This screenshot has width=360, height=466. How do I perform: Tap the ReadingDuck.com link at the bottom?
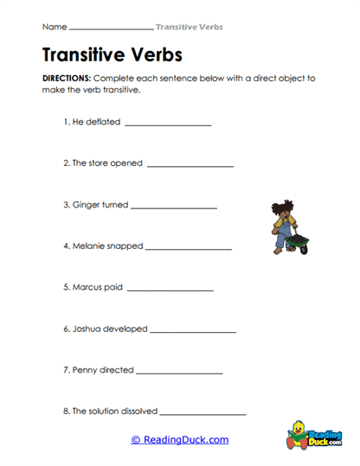pos(180,439)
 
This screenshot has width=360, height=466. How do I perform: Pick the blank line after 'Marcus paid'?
pos(170,289)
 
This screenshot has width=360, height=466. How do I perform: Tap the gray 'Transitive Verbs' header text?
pos(189,27)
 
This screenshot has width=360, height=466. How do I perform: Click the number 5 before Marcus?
pos(66,287)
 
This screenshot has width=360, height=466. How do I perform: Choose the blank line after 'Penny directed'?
pos(179,372)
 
